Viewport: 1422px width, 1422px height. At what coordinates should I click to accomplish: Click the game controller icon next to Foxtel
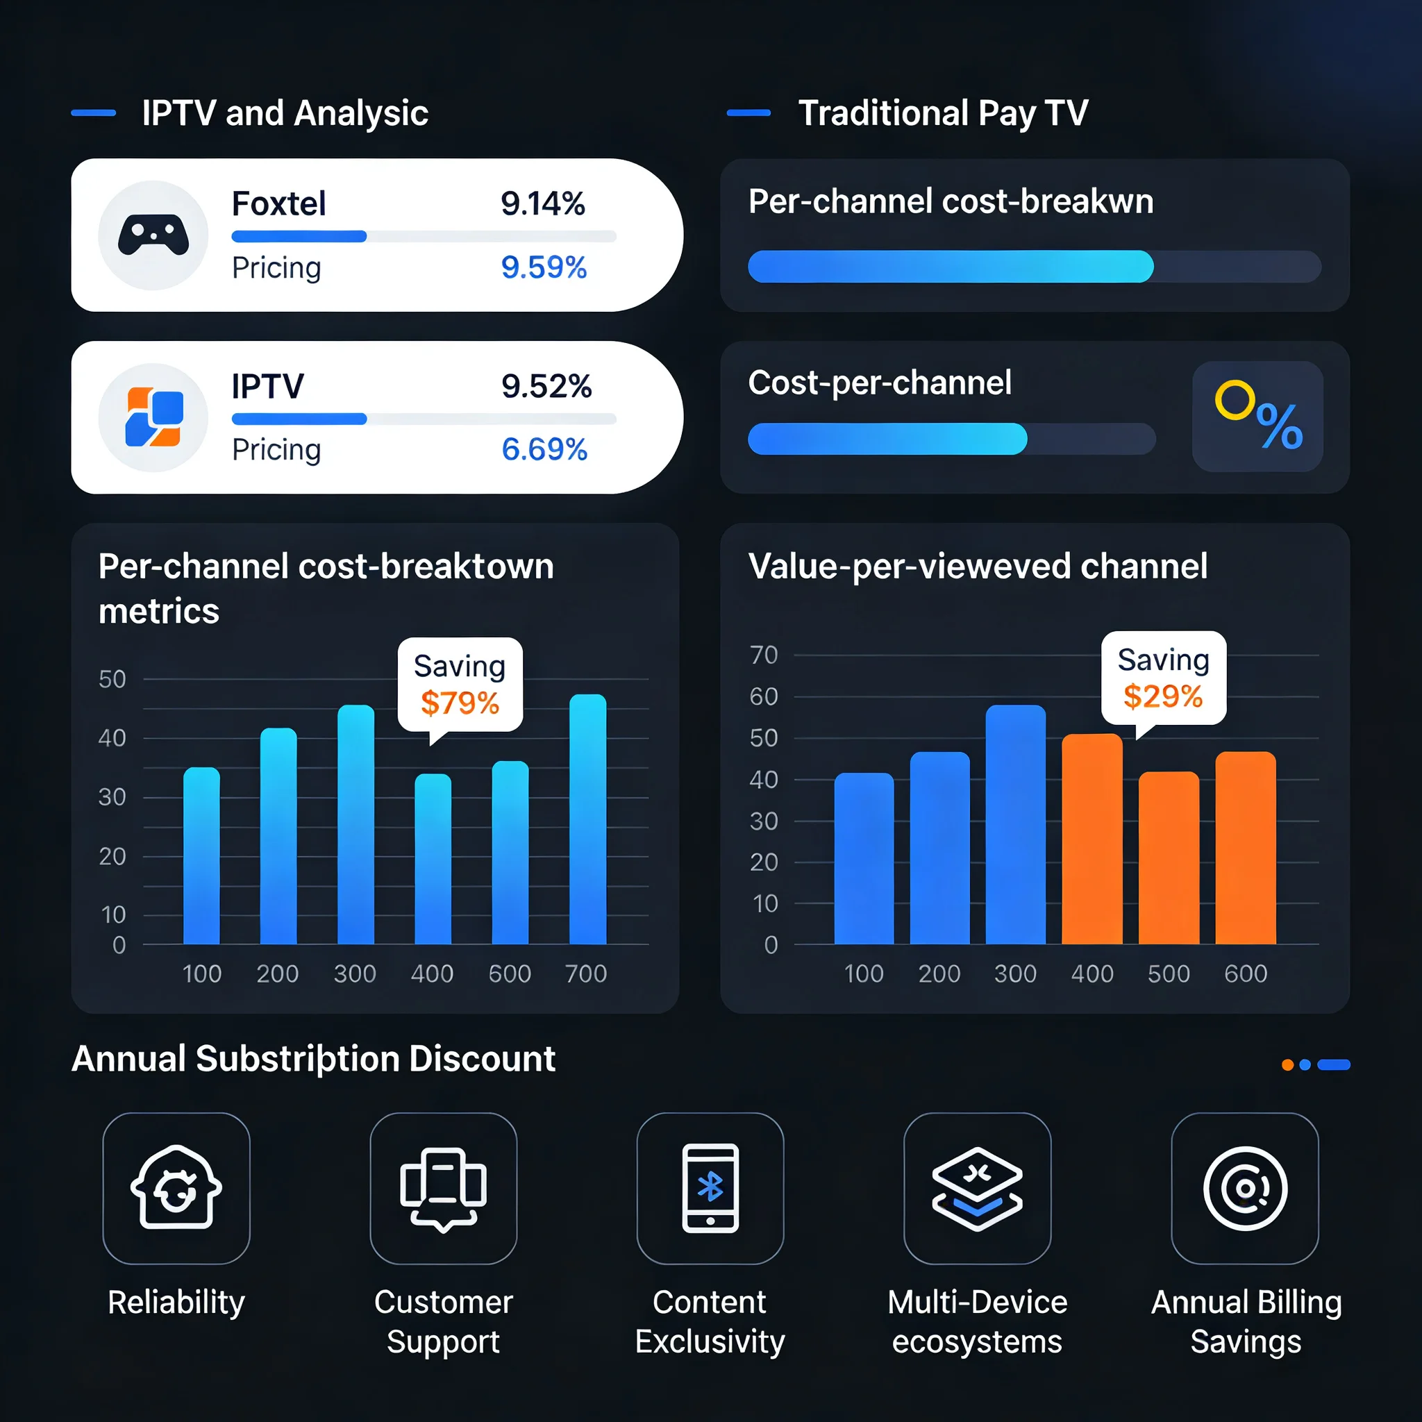153,235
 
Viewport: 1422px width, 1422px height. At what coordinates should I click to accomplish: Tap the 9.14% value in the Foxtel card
542,204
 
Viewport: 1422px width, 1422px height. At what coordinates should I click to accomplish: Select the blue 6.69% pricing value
544,449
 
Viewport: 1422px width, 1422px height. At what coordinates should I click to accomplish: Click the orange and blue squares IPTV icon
153,417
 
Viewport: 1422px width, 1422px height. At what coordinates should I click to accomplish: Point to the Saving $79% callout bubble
460,685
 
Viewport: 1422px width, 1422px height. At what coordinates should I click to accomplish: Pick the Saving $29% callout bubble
1163,678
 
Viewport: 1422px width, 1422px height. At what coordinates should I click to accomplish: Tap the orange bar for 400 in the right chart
1091,839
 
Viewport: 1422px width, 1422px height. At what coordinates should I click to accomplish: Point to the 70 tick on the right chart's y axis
763,655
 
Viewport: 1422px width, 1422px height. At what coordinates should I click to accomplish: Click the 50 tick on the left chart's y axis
112,679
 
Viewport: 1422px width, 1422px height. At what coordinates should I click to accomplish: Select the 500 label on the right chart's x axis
1168,973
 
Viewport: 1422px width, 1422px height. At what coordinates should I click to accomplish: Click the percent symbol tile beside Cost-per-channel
1257,417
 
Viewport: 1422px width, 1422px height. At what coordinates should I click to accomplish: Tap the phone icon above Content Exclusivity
710,1188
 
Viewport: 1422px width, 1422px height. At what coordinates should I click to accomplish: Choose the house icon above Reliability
176,1188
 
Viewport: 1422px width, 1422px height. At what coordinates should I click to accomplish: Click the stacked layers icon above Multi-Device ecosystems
977,1188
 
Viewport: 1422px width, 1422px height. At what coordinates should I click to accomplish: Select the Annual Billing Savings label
1246,1321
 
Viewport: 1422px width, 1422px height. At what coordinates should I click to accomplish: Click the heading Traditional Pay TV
943,113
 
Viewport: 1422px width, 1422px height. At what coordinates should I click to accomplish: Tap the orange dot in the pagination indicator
1287,1065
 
